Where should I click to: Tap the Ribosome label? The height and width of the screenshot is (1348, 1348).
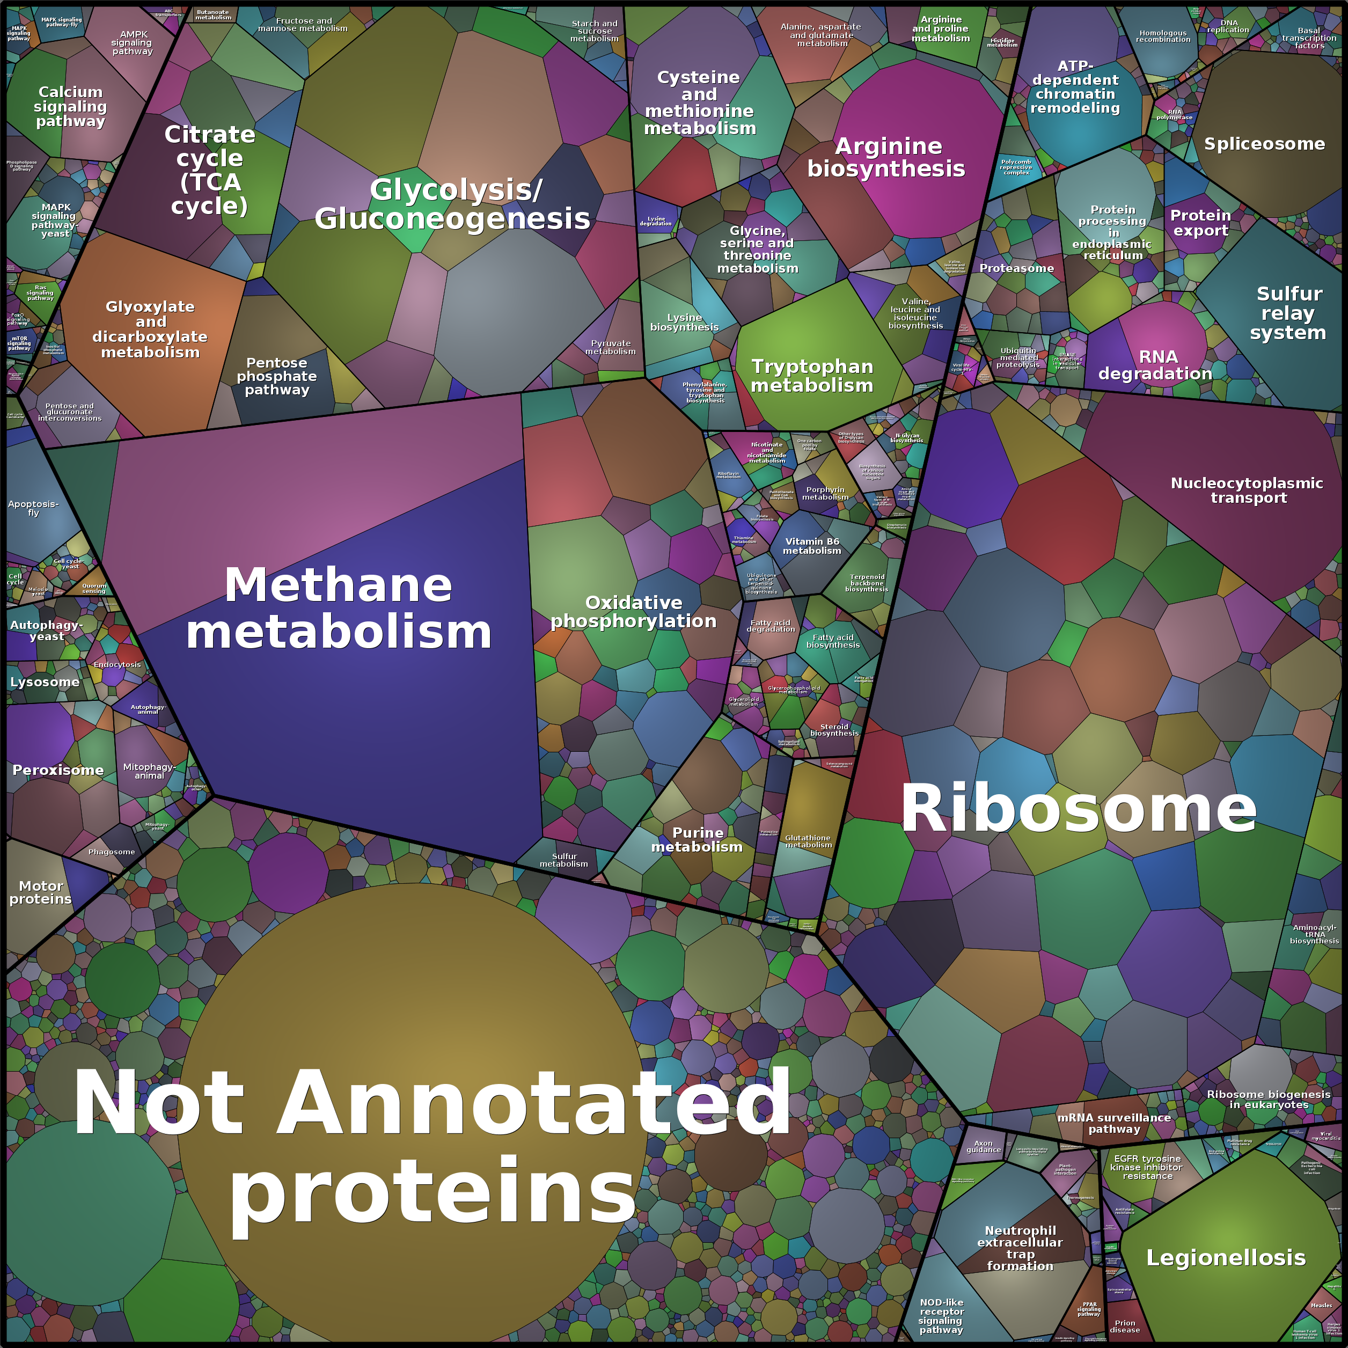click(x=1078, y=809)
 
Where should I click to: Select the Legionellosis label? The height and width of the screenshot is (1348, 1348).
click(x=1226, y=1257)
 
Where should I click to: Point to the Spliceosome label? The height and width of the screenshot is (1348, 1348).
click(x=1264, y=144)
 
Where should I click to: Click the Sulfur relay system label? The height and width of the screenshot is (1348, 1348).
click(x=1288, y=313)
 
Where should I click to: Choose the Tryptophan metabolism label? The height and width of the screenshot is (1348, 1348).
click(x=812, y=376)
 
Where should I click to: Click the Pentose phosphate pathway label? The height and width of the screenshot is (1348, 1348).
click(x=277, y=376)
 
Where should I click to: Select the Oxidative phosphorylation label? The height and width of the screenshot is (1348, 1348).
click(x=634, y=612)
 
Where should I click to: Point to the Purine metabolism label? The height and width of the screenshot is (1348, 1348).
click(x=697, y=839)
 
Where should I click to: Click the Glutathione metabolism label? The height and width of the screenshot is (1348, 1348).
click(x=808, y=841)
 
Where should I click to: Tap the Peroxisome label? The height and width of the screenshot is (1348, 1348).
click(x=58, y=770)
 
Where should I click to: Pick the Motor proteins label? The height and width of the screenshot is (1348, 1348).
click(x=40, y=892)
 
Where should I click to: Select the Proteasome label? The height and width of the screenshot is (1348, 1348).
click(x=1016, y=268)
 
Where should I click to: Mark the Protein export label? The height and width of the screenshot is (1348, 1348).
click(x=1200, y=223)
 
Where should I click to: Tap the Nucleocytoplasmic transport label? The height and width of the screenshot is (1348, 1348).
click(x=1247, y=490)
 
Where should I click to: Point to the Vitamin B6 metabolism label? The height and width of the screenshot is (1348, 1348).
click(x=812, y=546)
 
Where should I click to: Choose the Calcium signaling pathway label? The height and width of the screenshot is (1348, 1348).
click(x=70, y=106)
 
